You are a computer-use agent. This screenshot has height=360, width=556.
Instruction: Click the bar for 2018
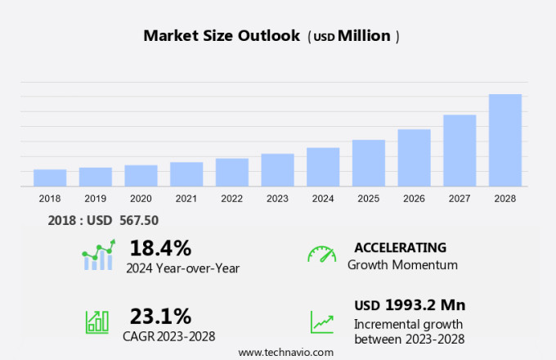click(50, 178)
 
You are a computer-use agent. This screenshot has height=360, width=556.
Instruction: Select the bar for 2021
click(186, 174)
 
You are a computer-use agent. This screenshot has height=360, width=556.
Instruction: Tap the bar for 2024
click(323, 167)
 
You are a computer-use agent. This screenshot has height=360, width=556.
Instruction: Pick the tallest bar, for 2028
click(505, 140)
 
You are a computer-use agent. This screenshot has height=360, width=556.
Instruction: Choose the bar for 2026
click(415, 158)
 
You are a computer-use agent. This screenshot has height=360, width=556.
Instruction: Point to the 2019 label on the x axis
click(95, 198)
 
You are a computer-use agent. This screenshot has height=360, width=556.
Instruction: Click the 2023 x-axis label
click(277, 198)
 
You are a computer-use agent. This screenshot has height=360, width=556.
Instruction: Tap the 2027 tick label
click(460, 198)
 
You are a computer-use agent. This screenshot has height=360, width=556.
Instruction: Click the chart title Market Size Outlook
click(221, 36)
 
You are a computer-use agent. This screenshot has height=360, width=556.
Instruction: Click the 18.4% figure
click(160, 248)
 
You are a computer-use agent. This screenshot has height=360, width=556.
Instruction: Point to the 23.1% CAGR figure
click(160, 315)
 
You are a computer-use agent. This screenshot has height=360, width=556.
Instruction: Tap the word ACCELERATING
click(401, 247)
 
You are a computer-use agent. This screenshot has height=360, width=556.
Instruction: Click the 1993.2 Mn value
click(425, 305)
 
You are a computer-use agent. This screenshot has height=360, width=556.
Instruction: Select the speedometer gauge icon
click(321, 254)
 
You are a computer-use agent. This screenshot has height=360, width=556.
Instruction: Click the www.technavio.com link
click(286, 352)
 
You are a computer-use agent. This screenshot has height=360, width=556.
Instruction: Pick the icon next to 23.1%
click(97, 322)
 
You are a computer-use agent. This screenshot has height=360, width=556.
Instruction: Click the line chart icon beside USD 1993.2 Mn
click(321, 322)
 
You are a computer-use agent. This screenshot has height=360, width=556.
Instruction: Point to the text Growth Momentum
click(402, 265)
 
